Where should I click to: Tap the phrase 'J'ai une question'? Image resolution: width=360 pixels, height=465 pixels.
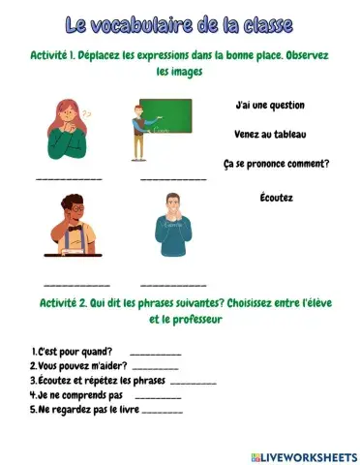coord(270,105)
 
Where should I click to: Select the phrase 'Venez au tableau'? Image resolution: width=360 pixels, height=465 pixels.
coord(269,134)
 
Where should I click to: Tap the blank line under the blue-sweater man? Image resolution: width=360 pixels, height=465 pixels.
coord(173,286)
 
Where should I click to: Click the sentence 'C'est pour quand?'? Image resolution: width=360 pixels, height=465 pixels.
coord(73,351)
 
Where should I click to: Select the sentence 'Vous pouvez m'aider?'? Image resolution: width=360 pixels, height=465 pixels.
coord(77,365)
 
